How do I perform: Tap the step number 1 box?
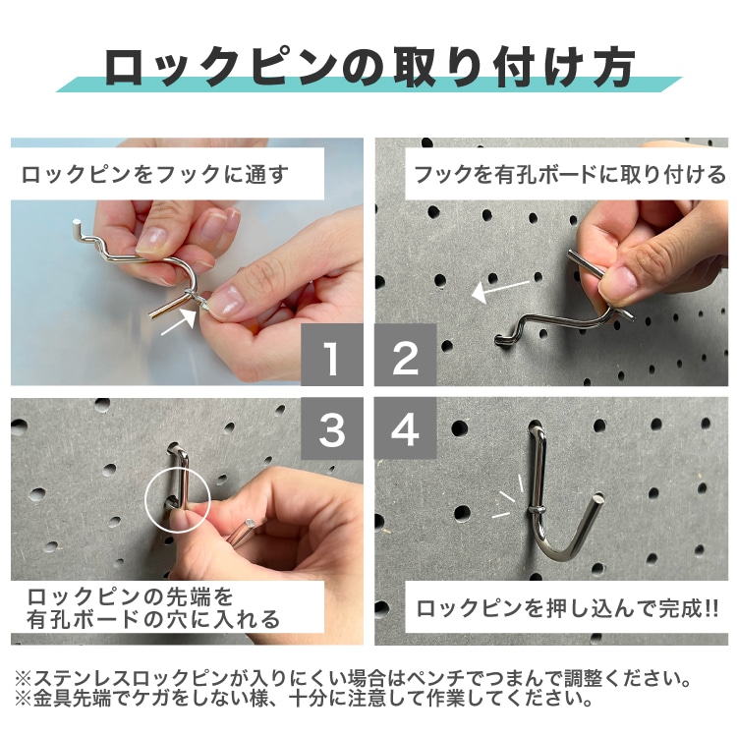[331, 358]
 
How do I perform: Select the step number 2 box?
[406, 358]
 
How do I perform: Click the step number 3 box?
[331, 429]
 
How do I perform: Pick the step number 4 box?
[406, 429]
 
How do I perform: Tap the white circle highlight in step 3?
[178, 501]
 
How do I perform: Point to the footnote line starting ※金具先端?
[305, 701]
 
